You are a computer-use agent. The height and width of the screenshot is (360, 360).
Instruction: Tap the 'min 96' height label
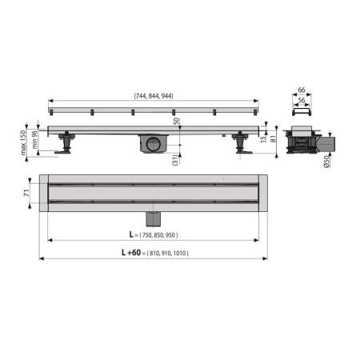point(35,140)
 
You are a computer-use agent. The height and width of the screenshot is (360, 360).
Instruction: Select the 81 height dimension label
point(274,138)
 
